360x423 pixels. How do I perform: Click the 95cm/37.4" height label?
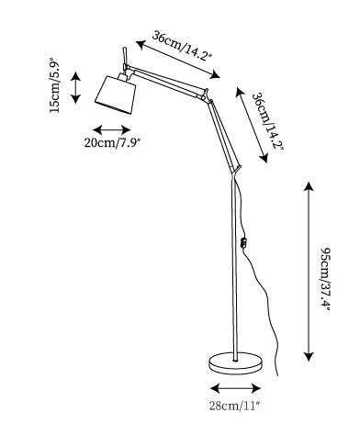pyautogui.click(x=325, y=279)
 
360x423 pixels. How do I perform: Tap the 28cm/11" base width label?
pyautogui.click(x=235, y=406)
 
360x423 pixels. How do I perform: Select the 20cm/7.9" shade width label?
pyautogui.click(x=112, y=142)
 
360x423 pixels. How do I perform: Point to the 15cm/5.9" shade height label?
pyautogui.click(x=56, y=85)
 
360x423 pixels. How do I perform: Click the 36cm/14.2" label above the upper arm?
pyautogui.click(x=182, y=46)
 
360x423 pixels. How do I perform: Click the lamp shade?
pyautogui.click(x=116, y=95)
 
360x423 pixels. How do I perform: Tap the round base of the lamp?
pyautogui.click(x=235, y=362)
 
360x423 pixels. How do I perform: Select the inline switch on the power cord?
pyautogui.click(x=243, y=242)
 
